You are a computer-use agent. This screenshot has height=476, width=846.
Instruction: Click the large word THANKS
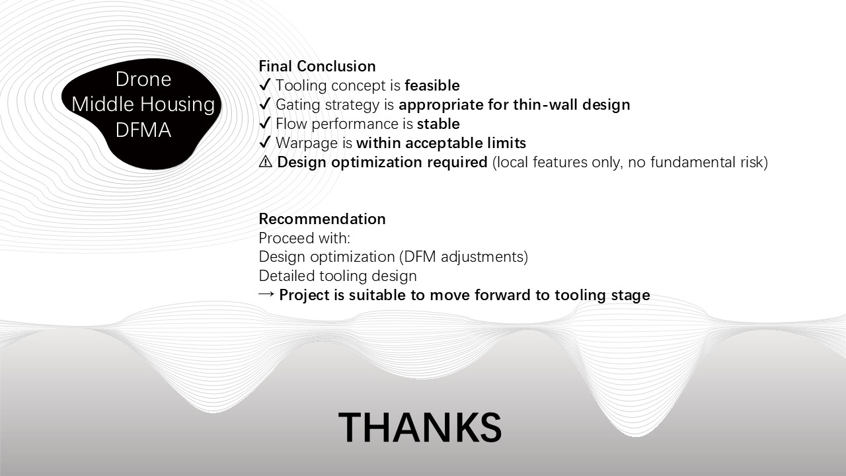420,427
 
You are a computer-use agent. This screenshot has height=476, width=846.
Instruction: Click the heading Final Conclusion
317,66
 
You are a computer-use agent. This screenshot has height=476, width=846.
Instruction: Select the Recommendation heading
322,219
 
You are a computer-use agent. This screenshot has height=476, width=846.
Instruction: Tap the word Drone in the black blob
143,79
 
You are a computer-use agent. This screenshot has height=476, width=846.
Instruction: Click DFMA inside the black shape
143,130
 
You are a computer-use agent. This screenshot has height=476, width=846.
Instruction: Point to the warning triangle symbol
266,162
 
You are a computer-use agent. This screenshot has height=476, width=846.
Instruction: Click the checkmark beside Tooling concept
265,85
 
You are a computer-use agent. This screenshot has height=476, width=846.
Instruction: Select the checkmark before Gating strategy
265,104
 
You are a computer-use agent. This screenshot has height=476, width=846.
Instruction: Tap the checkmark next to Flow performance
265,123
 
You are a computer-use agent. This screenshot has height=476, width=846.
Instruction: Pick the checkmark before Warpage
265,142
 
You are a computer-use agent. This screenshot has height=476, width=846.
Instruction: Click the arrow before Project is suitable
266,294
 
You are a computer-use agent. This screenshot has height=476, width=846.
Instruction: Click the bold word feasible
432,85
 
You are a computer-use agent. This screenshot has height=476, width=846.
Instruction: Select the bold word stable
438,124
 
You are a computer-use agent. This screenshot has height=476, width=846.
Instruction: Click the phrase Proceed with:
305,238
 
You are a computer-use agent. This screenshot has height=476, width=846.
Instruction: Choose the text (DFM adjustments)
463,257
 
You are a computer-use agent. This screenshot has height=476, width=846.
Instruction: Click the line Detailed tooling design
338,276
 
